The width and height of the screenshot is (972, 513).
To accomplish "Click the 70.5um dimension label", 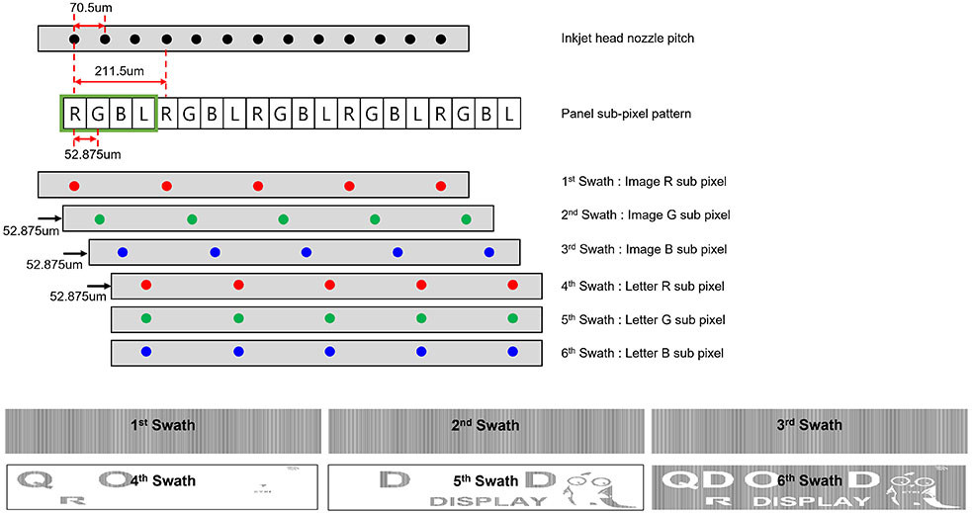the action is pyautogui.click(x=91, y=8).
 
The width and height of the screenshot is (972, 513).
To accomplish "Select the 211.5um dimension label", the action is pyautogui.click(x=119, y=70).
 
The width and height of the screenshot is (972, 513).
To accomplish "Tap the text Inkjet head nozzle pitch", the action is pyautogui.click(x=627, y=39).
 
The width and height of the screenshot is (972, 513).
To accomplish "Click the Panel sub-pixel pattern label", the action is pyautogui.click(x=626, y=114).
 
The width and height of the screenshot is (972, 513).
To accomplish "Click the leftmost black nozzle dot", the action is pyautogui.click(x=74, y=39).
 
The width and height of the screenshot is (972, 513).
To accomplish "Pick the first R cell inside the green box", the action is pyautogui.click(x=74, y=114).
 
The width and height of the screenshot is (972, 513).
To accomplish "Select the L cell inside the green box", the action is pyautogui.click(x=143, y=114).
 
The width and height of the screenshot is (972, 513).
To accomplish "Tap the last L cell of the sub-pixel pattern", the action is pyautogui.click(x=509, y=114).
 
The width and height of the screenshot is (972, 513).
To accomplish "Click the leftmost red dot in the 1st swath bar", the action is pyautogui.click(x=74, y=186).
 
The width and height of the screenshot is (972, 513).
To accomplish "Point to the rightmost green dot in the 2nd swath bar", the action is pyautogui.click(x=466, y=218).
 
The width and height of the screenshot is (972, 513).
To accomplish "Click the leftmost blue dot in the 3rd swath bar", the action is pyautogui.click(x=123, y=252).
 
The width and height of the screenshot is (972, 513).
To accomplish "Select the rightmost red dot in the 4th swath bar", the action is pyautogui.click(x=512, y=285).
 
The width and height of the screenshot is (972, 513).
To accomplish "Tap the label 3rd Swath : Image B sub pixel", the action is pyautogui.click(x=644, y=249).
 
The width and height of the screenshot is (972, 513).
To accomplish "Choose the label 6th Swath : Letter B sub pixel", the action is pyautogui.click(x=642, y=353).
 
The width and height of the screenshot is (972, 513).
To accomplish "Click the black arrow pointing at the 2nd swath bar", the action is pyautogui.click(x=49, y=218).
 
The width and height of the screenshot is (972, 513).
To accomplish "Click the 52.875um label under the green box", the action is pyautogui.click(x=92, y=154).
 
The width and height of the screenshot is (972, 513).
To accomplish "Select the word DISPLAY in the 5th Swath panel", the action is pyautogui.click(x=488, y=501).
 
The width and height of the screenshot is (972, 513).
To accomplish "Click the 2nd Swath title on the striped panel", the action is pyautogui.click(x=486, y=425).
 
